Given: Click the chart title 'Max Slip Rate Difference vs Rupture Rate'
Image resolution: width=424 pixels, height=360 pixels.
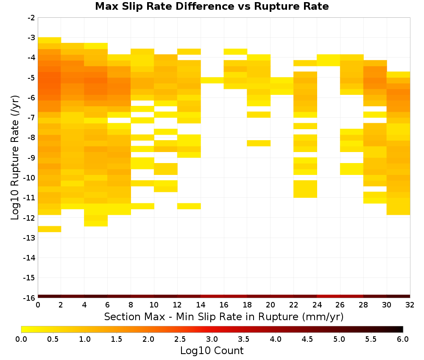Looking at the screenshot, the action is pyautogui.click(x=212, y=6).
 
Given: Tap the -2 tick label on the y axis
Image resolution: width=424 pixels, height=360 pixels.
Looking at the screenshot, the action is pyautogui.click(x=31, y=18).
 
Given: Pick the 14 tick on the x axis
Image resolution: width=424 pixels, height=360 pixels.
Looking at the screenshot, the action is pyautogui.click(x=201, y=305).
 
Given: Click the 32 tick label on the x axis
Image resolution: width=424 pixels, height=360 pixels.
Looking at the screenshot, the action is pyautogui.click(x=410, y=305).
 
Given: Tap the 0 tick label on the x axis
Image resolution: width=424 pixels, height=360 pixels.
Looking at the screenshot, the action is pyautogui.click(x=38, y=305).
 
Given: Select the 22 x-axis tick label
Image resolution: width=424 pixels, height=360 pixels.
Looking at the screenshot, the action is pyautogui.click(x=294, y=305).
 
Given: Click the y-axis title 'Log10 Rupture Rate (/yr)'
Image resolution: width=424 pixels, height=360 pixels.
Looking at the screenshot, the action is pyautogui.click(x=15, y=158).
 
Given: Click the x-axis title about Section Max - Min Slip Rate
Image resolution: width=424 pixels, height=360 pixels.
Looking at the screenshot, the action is pyautogui.click(x=224, y=316).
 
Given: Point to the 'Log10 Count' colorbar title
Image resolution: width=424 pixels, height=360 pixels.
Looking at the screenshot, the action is pyautogui.click(x=212, y=351).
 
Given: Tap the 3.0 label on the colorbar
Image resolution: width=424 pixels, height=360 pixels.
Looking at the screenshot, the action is pyautogui.click(x=212, y=339).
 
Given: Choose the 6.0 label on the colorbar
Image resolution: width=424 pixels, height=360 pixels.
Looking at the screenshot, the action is pyautogui.click(x=403, y=339).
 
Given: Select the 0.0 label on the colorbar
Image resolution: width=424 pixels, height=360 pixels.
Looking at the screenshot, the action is pyautogui.click(x=21, y=339).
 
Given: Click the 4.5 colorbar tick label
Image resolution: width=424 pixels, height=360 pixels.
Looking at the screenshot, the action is pyautogui.click(x=307, y=339).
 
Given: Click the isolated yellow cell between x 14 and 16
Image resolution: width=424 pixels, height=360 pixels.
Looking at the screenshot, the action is pyautogui.click(x=212, y=80).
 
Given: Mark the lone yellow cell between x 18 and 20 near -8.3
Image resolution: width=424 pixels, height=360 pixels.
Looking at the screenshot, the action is pyautogui.click(x=259, y=143).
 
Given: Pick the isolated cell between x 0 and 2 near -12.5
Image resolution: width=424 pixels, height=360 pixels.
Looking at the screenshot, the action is pyautogui.click(x=50, y=229).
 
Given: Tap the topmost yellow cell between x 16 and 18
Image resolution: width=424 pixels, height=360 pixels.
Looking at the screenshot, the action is pyautogui.click(x=235, y=52).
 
